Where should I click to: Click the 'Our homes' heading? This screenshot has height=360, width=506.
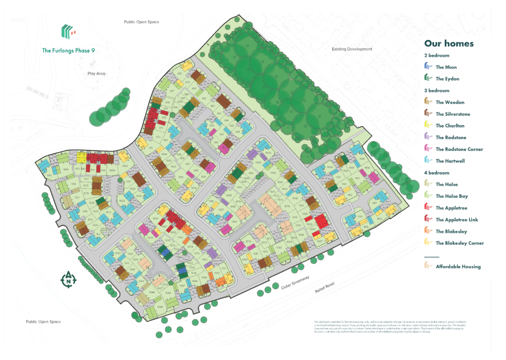[x=449, y=44]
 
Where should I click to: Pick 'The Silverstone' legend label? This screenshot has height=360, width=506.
[x=453, y=114]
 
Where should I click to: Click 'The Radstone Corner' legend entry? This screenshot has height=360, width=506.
[x=459, y=149]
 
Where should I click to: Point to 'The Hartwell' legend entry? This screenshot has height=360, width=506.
[x=450, y=161]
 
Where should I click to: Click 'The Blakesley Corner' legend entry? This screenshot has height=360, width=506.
[x=460, y=243]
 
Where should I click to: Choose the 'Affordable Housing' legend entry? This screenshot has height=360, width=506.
[x=458, y=267]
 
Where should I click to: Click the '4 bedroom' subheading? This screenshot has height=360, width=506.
[x=437, y=173]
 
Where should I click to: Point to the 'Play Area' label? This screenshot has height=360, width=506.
[x=96, y=74]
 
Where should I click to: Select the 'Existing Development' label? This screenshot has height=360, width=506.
[x=352, y=49]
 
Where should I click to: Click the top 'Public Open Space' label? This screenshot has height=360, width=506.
[x=141, y=22]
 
